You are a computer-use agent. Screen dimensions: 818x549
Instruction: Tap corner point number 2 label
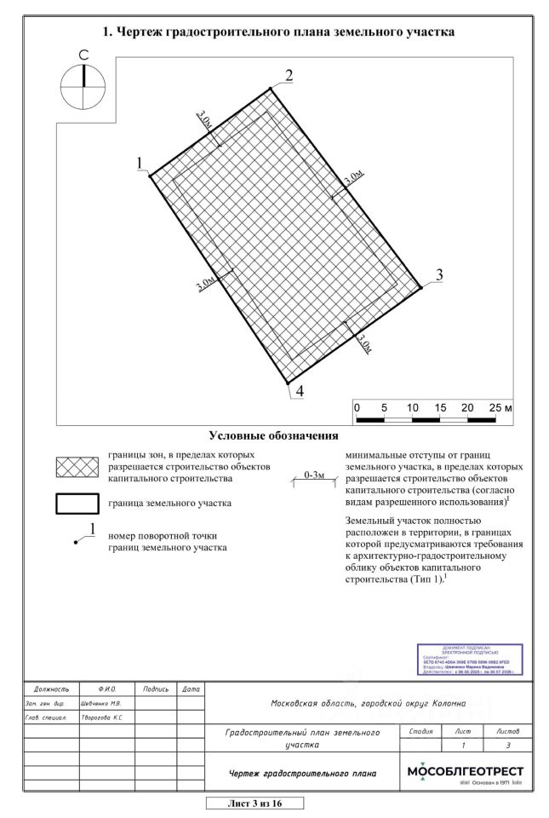pos(289,74)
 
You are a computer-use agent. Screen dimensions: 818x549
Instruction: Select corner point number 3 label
pos(439,275)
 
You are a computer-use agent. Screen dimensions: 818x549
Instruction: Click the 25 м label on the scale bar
pos(501,406)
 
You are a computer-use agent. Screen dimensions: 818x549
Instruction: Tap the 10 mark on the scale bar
pos(413,406)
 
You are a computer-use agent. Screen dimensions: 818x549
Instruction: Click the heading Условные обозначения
pos(274,436)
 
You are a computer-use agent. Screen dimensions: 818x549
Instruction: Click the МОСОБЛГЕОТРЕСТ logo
pos(466,773)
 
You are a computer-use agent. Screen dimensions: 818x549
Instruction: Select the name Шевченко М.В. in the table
pos(100,704)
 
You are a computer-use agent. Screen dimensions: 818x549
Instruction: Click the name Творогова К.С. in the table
pos(101,718)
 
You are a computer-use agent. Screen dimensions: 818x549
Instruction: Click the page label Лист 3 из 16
pos(254,803)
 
